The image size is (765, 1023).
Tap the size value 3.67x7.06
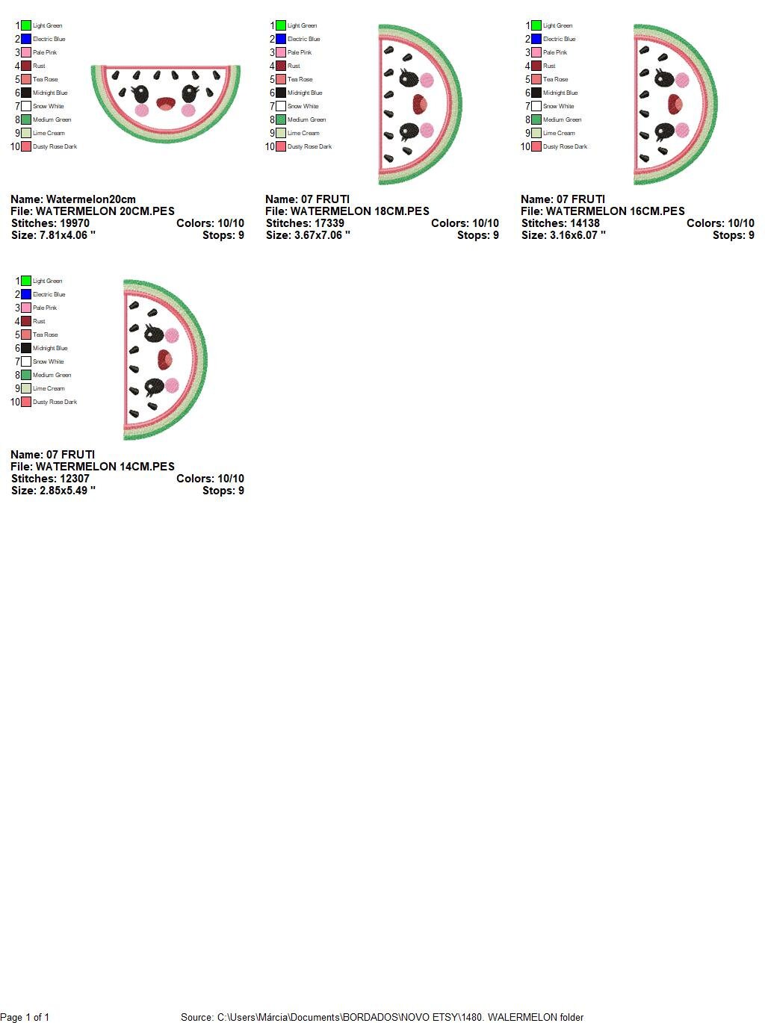pyautogui.click(x=319, y=235)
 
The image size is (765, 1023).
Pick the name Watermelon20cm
pyautogui.click(x=90, y=199)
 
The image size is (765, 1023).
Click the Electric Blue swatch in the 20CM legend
pyautogui.click(x=26, y=39)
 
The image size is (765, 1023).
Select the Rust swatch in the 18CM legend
pyautogui.click(x=281, y=66)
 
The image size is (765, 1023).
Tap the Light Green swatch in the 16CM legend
pyautogui.click(x=536, y=25)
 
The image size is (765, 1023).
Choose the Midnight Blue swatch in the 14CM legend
pyautogui.click(x=26, y=348)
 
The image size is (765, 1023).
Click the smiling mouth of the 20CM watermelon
pyautogui.click(x=164, y=103)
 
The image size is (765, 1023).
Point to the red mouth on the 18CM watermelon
pyautogui.click(x=420, y=104)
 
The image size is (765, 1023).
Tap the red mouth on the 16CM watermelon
pyautogui.click(x=675, y=104)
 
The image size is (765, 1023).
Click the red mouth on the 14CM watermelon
pyautogui.click(x=164, y=360)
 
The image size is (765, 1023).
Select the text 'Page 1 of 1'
pyautogui.click(x=25, y=1017)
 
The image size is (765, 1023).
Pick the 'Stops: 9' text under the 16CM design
pyautogui.click(x=733, y=235)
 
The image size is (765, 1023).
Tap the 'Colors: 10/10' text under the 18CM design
pyautogui.click(x=465, y=223)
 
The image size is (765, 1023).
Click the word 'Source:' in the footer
pyautogui.click(x=197, y=1017)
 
